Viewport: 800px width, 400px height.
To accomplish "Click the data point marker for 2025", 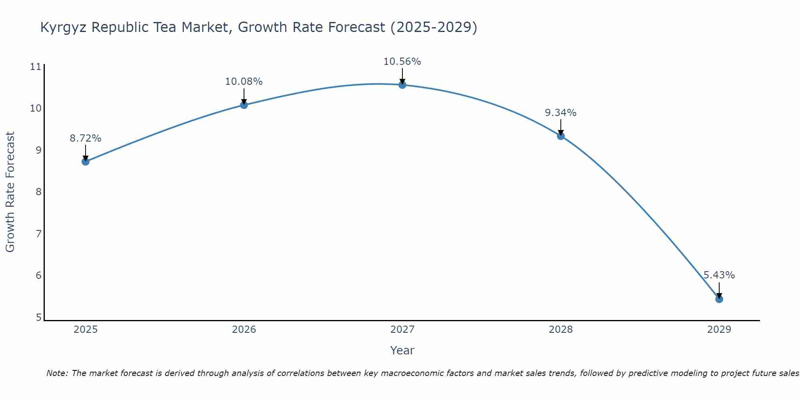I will (x=85, y=162).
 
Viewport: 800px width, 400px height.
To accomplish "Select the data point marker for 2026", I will (x=244, y=105).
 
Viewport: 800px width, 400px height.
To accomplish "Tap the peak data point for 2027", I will (x=402, y=85).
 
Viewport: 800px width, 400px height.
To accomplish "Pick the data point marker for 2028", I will (x=561, y=136).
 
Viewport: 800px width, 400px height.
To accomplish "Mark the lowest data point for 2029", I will (x=719, y=299).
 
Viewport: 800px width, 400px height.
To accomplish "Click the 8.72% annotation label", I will (x=85, y=138).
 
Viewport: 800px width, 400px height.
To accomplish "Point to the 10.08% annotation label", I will (x=244, y=82).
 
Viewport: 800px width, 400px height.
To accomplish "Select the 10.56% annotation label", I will (x=402, y=62).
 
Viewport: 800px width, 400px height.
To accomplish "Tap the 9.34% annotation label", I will (x=560, y=113).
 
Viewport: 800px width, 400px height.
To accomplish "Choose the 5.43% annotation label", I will (x=719, y=275).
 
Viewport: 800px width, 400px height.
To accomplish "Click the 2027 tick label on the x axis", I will (x=402, y=330).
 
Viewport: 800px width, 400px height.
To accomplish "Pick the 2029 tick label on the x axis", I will (x=719, y=330).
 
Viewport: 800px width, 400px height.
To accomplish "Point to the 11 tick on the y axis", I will (x=36, y=67).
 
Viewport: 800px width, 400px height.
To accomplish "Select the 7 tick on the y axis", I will (x=38, y=234).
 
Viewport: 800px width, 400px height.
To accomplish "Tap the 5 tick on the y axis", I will (x=38, y=317).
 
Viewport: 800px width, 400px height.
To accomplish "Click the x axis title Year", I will (x=402, y=350).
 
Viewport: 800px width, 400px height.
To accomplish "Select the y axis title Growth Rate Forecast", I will (x=10, y=192).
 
